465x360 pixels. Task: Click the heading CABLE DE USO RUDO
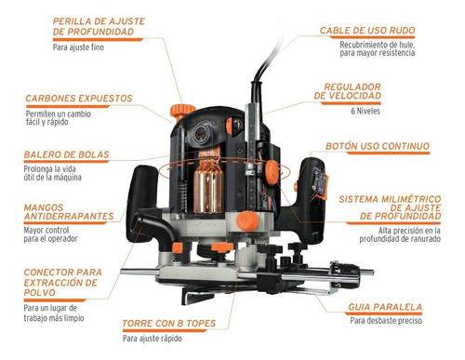click(367, 31)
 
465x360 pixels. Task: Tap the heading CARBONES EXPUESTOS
click(79, 99)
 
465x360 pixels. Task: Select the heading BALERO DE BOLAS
click(67, 154)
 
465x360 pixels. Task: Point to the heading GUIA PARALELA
click(385, 307)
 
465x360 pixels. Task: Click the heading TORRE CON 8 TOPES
click(169, 324)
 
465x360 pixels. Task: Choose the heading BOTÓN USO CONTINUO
click(378, 146)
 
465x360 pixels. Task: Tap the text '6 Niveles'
click(365, 111)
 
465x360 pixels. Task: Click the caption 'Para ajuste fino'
click(78, 47)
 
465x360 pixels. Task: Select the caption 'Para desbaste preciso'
click(386, 320)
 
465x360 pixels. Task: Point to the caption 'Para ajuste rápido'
click(153, 339)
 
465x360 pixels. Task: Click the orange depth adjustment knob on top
click(182, 112)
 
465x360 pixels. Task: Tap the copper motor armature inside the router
click(208, 188)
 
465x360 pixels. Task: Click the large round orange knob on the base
click(247, 220)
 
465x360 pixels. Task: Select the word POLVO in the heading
click(39, 292)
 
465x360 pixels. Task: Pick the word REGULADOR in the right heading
click(352, 87)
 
